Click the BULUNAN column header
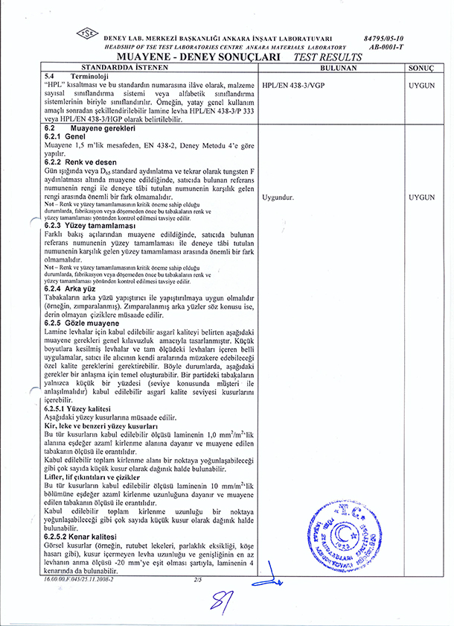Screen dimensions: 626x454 [x=327, y=67]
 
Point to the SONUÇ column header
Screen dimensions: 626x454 [x=421, y=67]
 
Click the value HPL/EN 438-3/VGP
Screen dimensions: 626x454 [x=287, y=86]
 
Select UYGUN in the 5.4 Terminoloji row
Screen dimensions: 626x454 [x=421, y=86]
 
